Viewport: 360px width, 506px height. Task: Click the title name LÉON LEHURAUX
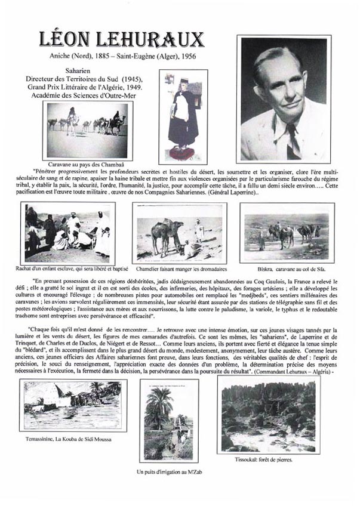[122, 39]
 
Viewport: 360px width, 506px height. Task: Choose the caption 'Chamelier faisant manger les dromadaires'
[179, 269]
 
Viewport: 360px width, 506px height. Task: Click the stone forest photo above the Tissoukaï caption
[268, 415]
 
